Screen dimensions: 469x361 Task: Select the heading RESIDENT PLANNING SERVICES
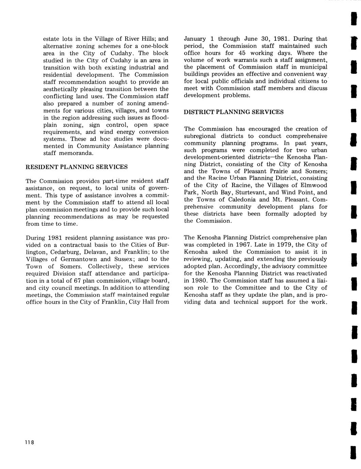click(77, 167)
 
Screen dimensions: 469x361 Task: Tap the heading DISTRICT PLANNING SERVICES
click(234, 112)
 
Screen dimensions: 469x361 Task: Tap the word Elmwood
click(315, 185)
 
